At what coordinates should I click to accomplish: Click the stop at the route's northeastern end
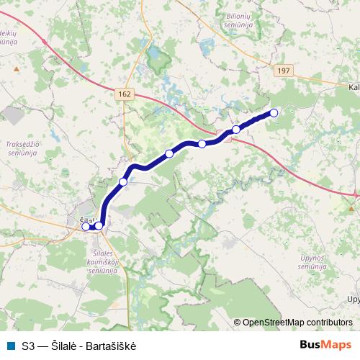point(274,112)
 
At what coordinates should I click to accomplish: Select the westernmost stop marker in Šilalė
point(86,227)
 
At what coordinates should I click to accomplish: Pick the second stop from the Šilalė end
point(99,226)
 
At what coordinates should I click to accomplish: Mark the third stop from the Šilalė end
point(123,182)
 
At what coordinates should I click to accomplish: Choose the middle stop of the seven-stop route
point(169,153)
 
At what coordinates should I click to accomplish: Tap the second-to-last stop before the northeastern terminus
point(235,130)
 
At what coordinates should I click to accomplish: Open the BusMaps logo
point(325,345)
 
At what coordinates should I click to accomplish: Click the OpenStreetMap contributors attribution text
point(297,323)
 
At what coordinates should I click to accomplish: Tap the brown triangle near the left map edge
point(15,69)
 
